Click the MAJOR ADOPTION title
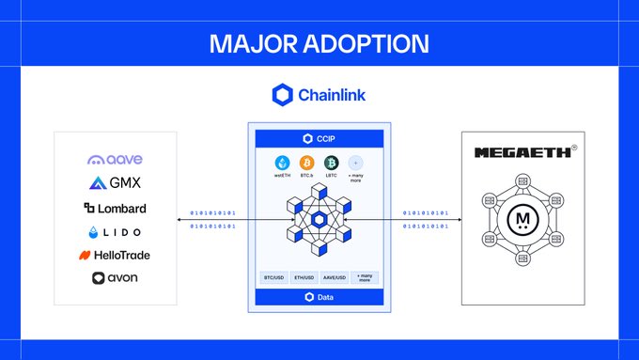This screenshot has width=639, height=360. pyautogui.click(x=319, y=44)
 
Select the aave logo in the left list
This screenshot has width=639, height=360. pyautogui.click(x=115, y=161)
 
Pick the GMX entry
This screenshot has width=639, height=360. pyautogui.click(x=115, y=183)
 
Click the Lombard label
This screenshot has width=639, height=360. pyautogui.click(x=115, y=208)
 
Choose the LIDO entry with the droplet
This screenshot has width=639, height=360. pyautogui.click(x=115, y=231)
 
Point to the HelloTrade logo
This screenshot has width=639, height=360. pyautogui.click(x=115, y=255)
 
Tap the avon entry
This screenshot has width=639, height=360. pyautogui.click(x=115, y=278)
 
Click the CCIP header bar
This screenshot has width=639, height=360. pyautogui.click(x=319, y=138)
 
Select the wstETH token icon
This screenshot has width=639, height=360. pyautogui.click(x=281, y=163)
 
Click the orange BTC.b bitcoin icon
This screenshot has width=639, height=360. pyautogui.click(x=306, y=163)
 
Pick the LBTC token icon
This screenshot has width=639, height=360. pyautogui.click(x=332, y=163)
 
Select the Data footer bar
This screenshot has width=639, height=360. pyautogui.click(x=319, y=297)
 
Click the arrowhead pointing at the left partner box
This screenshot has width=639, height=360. pyautogui.click(x=179, y=219)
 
